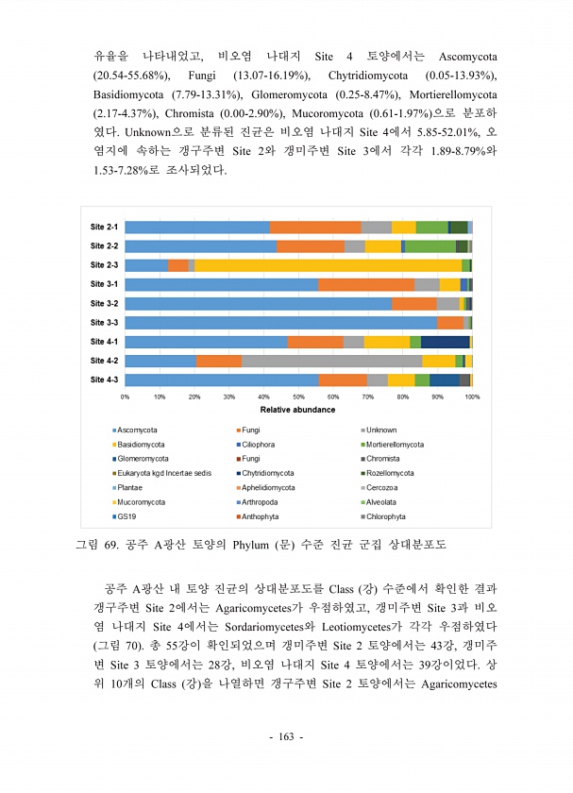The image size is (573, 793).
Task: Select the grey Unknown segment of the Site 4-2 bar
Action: (331, 361)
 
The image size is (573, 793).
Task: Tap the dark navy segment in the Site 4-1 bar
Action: (445, 342)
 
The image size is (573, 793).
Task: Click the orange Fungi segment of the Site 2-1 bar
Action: (315, 228)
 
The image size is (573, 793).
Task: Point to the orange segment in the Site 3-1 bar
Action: (365, 284)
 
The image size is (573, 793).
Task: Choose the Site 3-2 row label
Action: (104, 304)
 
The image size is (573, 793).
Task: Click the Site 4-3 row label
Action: (104, 380)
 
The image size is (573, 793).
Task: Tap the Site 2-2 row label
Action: (104, 246)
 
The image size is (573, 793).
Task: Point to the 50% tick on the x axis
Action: (298, 397)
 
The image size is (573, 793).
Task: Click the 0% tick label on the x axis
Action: (125, 397)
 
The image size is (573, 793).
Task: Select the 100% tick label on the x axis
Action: (472, 397)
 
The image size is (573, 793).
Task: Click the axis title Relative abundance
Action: (297, 411)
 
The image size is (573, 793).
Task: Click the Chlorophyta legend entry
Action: (387, 516)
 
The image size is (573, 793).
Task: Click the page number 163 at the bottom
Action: (286, 736)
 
